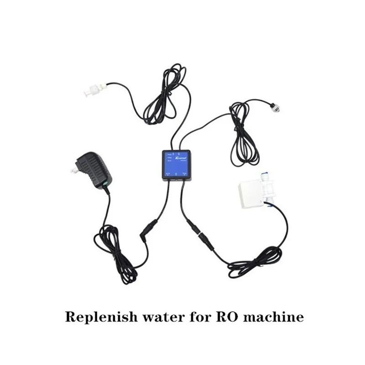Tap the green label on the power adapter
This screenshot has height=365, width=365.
tap(105, 183)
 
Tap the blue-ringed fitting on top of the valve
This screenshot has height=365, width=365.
tap(265, 181)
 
